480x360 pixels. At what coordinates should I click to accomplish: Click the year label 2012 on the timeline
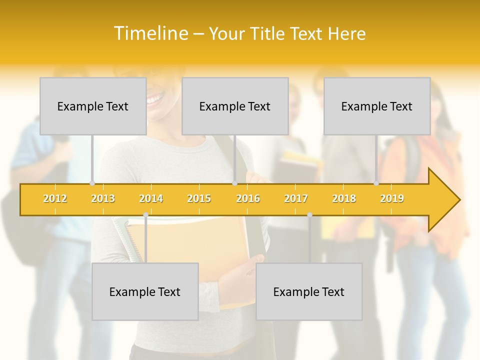click(55, 198)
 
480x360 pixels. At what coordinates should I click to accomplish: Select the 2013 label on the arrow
click(103, 198)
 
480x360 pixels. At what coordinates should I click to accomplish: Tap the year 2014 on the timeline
click(151, 198)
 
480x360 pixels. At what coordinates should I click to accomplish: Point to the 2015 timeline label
click(199, 198)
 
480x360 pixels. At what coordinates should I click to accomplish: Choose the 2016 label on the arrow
click(248, 198)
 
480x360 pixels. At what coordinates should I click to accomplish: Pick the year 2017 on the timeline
click(296, 198)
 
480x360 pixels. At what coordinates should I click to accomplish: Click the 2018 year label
click(344, 198)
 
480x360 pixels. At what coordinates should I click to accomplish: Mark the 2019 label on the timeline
click(392, 198)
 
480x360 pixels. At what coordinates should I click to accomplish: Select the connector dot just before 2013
click(92, 183)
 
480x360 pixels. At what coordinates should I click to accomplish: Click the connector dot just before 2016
click(234, 183)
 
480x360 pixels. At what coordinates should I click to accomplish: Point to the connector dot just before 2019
click(376, 183)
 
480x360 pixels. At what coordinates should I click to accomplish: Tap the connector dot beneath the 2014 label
click(145, 215)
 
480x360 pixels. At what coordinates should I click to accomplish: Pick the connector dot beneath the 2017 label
click(309, 215)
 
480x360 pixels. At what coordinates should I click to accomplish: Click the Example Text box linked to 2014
click(145, 291)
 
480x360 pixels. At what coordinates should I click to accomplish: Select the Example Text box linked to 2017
click(309, 291)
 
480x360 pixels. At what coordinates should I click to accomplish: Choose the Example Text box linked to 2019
click(377, 106)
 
